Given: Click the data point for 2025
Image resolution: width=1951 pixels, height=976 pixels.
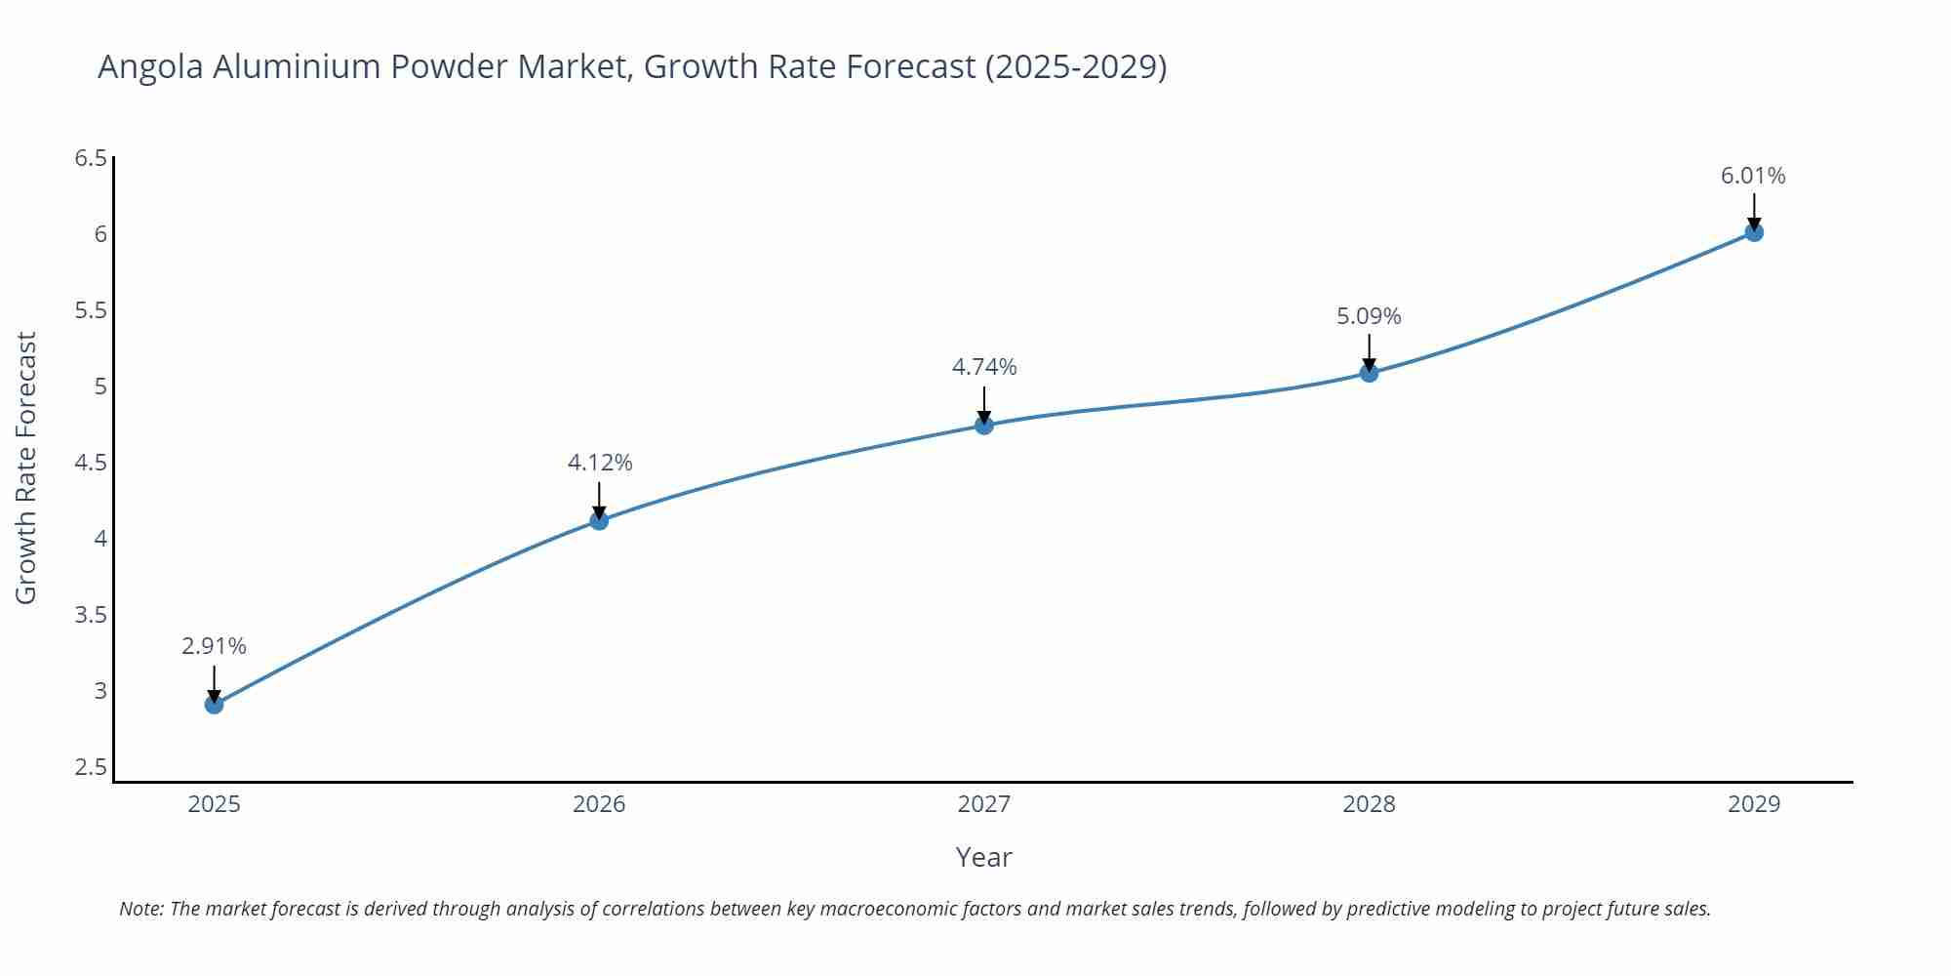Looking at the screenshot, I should coord(214,704).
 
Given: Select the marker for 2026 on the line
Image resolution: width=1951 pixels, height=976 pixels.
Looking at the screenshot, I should coord(599,520).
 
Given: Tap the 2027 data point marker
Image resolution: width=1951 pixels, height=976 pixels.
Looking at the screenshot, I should coord(983,425).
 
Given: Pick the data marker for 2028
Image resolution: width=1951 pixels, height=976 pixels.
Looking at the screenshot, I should coord(1369,372).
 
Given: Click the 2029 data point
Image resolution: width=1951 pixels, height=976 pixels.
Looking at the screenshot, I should coord(1753,232).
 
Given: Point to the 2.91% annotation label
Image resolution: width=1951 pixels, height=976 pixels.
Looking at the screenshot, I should coord(214,646).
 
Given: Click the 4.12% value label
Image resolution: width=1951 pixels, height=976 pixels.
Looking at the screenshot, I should coord(599,463).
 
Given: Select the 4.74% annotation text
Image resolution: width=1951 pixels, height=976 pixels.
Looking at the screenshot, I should coord(983,367).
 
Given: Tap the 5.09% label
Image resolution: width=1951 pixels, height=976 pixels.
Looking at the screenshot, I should coord(1369,316).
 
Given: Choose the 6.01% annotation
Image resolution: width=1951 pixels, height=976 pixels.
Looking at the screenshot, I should coord(1753,176).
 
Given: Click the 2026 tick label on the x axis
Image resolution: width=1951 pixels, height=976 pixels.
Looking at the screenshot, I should coord(599,804).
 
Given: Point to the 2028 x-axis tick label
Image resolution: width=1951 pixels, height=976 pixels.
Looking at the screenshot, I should coord(1369,804).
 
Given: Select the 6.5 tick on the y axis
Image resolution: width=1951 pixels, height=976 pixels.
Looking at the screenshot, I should coord(91,158).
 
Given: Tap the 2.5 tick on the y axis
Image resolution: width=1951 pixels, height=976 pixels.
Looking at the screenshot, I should coord(91,767).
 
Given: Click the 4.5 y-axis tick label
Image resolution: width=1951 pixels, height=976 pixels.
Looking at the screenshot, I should coord(91,463).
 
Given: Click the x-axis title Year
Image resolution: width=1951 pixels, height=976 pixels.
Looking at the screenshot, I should coord(983,857).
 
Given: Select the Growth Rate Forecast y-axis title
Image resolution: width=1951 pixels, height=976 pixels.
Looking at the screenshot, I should coord(26,468).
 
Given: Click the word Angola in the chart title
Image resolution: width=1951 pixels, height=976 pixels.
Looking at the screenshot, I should coord(150,66).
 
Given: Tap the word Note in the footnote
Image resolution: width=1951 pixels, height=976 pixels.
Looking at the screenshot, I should coord(140,909).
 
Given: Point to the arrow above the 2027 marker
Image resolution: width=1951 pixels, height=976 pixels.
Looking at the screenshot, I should coord(983,403).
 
